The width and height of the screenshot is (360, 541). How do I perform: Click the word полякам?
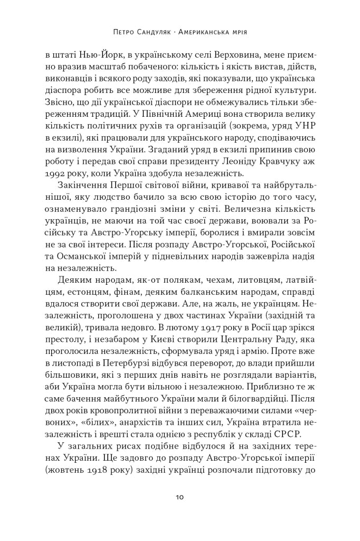click(170, 281)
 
